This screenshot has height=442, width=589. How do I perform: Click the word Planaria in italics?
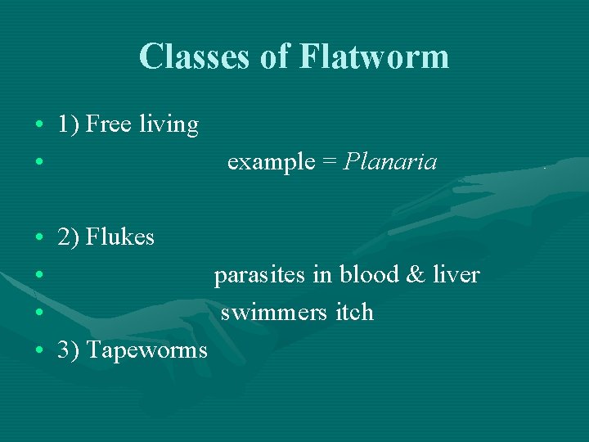coord(390,162)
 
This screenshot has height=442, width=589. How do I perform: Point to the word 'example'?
coord(271,162)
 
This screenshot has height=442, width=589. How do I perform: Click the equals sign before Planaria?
coord(329,162)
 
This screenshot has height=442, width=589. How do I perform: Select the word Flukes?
coord(120,237)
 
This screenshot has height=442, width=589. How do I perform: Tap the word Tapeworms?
coord(146,350)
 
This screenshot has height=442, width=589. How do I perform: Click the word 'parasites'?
coord(260,275)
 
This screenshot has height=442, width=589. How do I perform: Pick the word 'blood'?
coord(367,275)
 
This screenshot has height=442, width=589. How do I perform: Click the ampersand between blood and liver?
coord(416,275)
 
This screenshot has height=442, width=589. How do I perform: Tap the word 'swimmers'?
coord(274,313)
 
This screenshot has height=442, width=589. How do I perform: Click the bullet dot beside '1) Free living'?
coord(39,125)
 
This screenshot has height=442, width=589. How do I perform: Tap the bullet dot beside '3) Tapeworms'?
coord(39,351)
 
